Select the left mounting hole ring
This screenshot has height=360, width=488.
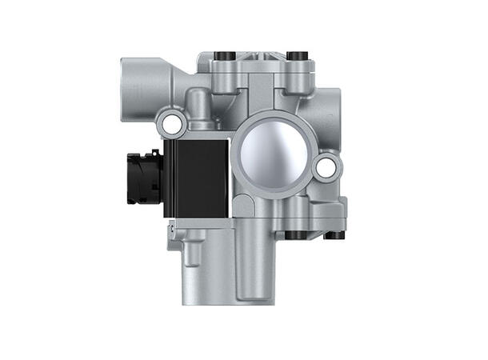click(x=169, y=122)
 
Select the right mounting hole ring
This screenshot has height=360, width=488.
click(x=325, y=167)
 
